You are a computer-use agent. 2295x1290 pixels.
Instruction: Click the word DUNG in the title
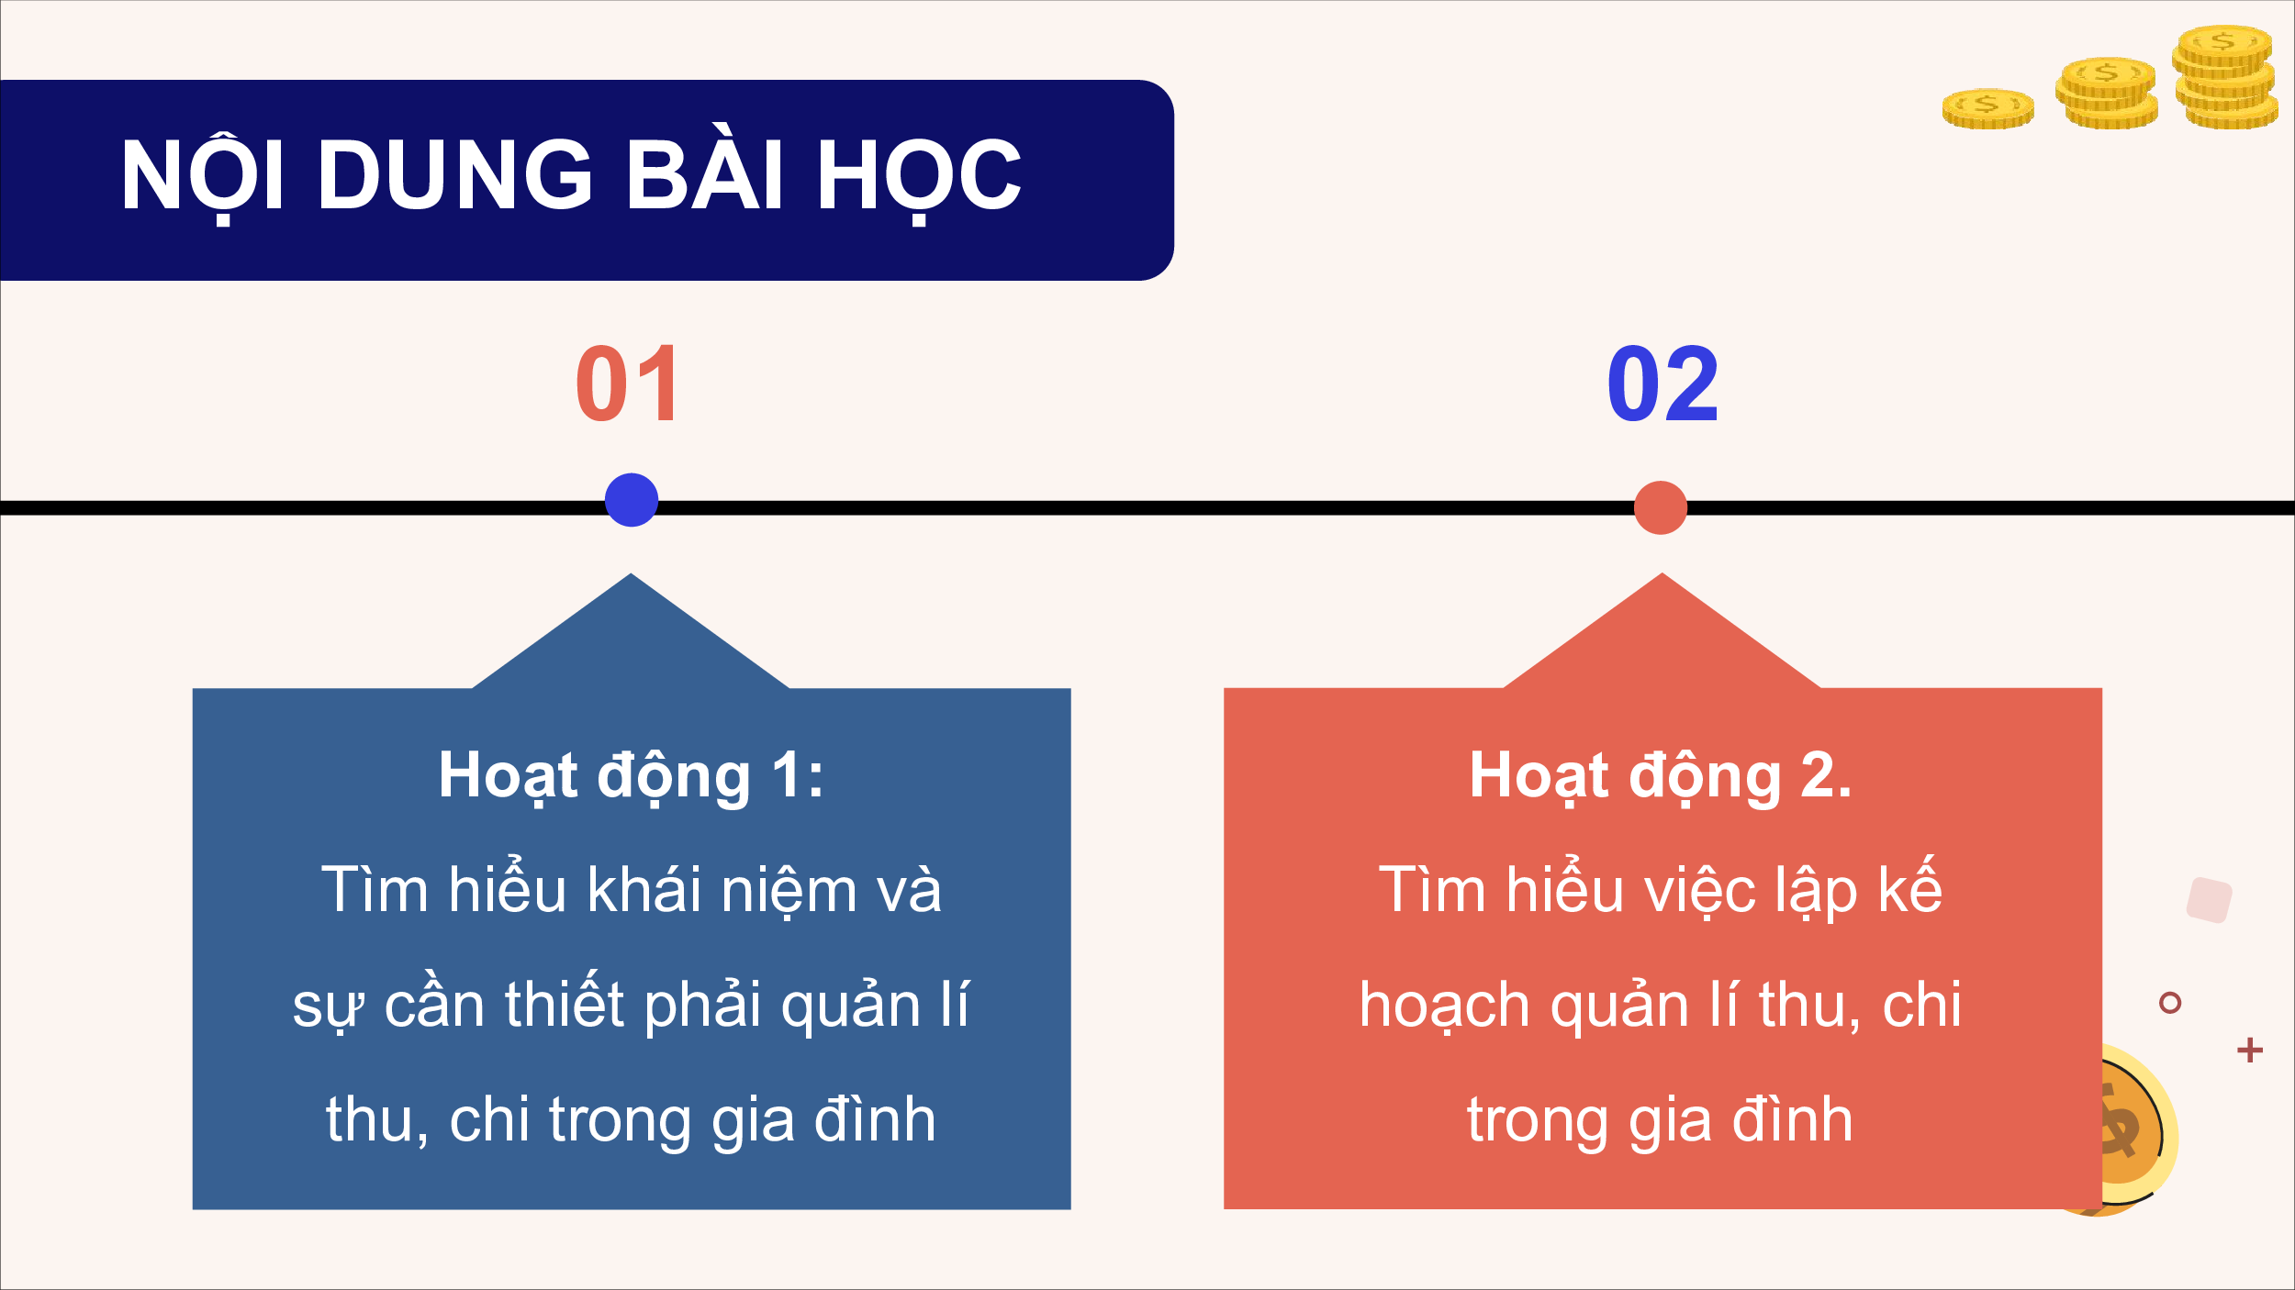(x=455, y=175)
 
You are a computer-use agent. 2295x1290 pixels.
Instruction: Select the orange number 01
(x=628, y=384)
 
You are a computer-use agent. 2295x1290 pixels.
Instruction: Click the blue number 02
(x=1662, y=384)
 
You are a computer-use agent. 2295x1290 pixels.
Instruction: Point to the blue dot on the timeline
(x=632, y=500)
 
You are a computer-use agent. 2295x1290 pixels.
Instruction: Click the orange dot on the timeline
(x=1661, y=507)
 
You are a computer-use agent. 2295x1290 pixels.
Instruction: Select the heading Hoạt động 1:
(x=631, y=777)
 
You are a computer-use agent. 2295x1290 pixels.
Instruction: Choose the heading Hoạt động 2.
(x=1661, y=777)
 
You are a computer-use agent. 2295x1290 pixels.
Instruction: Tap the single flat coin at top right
(x=1988, y=108)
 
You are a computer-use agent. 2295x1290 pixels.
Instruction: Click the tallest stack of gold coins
(x=2225, y=77)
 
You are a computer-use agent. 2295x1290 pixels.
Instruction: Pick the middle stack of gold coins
(x=2107, y=93)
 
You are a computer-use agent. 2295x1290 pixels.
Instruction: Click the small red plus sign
(x=2250, y=1050)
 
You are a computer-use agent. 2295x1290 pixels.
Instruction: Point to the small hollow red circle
(x=2170, y=1003)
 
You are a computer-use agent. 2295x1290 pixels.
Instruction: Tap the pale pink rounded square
(x=2210, y=900)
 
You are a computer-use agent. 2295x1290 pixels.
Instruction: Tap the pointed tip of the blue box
(x=631, y=574)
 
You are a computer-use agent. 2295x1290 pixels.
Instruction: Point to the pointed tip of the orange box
(x=1662, y=574)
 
